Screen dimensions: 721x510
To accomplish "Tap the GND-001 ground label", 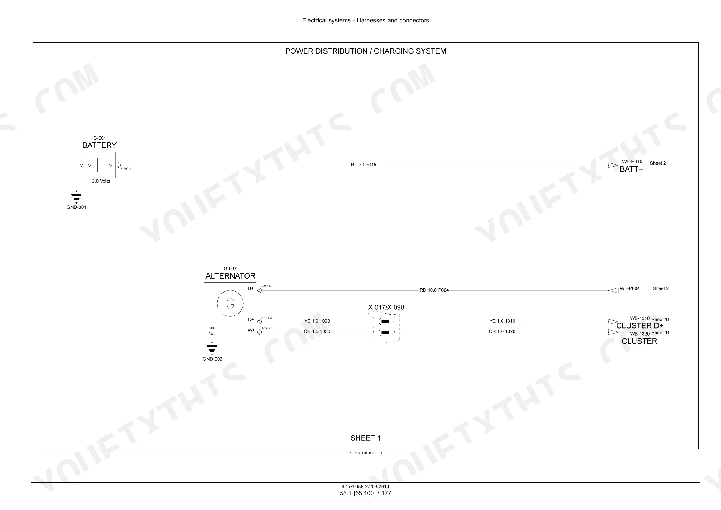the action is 76,207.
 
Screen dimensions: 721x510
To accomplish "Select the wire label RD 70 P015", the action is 363,165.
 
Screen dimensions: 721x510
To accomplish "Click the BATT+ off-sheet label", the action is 631,170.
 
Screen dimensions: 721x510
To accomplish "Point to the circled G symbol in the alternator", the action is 230,290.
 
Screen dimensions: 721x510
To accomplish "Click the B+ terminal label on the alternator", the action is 251,288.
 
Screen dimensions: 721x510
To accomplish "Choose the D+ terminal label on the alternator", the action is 251,320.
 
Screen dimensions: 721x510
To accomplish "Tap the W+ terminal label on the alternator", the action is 251,330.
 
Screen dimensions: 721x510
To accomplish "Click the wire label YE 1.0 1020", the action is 317,321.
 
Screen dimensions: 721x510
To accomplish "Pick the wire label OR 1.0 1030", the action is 316,331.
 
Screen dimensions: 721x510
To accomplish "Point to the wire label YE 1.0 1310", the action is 502,321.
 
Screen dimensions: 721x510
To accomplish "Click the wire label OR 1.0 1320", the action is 502,331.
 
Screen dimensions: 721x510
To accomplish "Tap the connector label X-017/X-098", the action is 386,307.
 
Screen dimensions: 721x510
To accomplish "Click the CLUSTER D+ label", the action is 640,326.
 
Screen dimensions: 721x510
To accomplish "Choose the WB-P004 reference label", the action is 630,288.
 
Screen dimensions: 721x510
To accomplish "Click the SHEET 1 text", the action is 366,438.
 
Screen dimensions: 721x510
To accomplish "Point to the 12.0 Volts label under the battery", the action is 100,181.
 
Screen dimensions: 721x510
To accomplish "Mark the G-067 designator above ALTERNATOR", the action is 230,269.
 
